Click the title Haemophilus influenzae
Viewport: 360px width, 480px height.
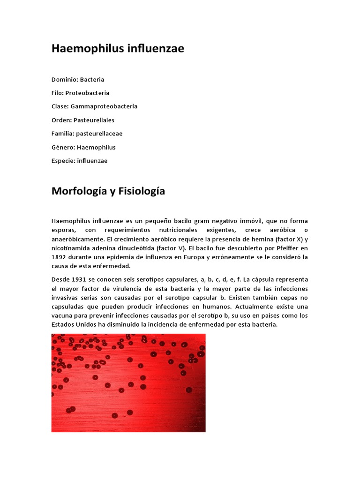[x=118, y=49]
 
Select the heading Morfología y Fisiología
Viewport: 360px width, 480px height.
[x=108, y=191]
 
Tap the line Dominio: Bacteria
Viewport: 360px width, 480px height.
[x=78, y=79]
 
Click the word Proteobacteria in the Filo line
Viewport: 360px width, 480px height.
[x=87, y=93]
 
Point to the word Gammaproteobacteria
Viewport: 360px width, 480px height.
[x=104, y=106]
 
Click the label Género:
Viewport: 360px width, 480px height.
[x=63, y=147]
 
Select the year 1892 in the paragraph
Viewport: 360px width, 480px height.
[x=60, y=257]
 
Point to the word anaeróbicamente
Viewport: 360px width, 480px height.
[x=80, y=239]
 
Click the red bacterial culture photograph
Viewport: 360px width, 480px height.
[x=128, y=382]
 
